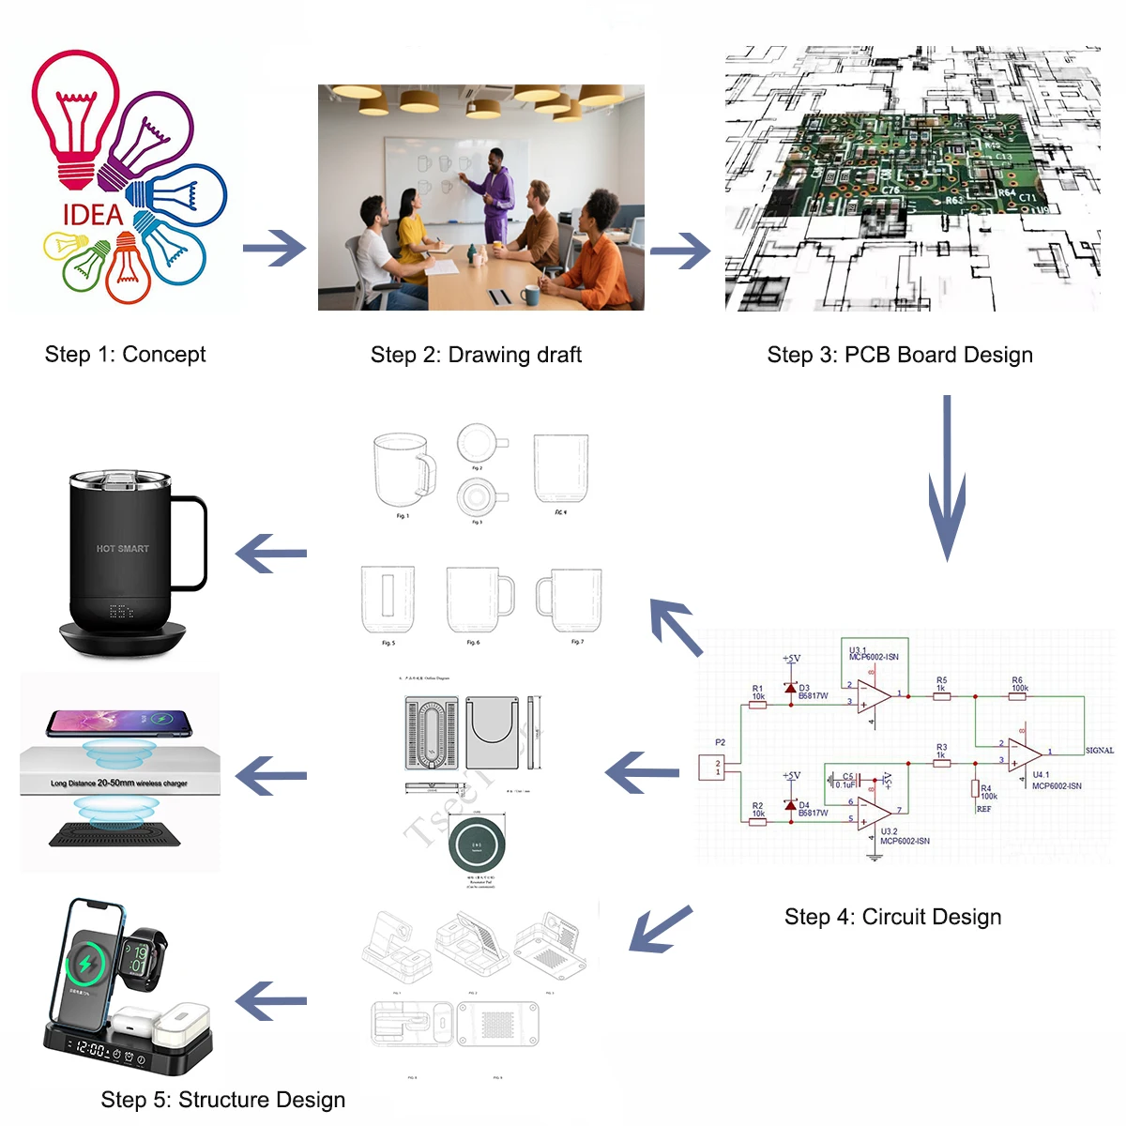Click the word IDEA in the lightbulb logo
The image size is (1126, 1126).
click(93, 215)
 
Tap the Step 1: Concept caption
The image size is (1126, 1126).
click(125, 355)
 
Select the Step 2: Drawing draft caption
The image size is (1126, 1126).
click(476, 355)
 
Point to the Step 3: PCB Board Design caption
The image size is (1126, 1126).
click(900, 355)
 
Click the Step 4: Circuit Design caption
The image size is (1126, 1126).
click(892, 917)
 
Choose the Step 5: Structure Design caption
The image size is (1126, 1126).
click(222, 1100)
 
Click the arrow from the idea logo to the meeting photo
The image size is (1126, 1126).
click(274, 249)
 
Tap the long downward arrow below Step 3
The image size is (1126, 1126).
click(947, 479)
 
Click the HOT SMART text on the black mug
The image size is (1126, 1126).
click(122, 549)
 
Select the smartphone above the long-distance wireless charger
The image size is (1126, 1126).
click(118, 723)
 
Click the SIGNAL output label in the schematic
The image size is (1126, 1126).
click(1099, 751)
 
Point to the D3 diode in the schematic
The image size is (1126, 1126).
click(791, 689)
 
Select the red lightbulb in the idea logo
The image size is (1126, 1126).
click(75, 113)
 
